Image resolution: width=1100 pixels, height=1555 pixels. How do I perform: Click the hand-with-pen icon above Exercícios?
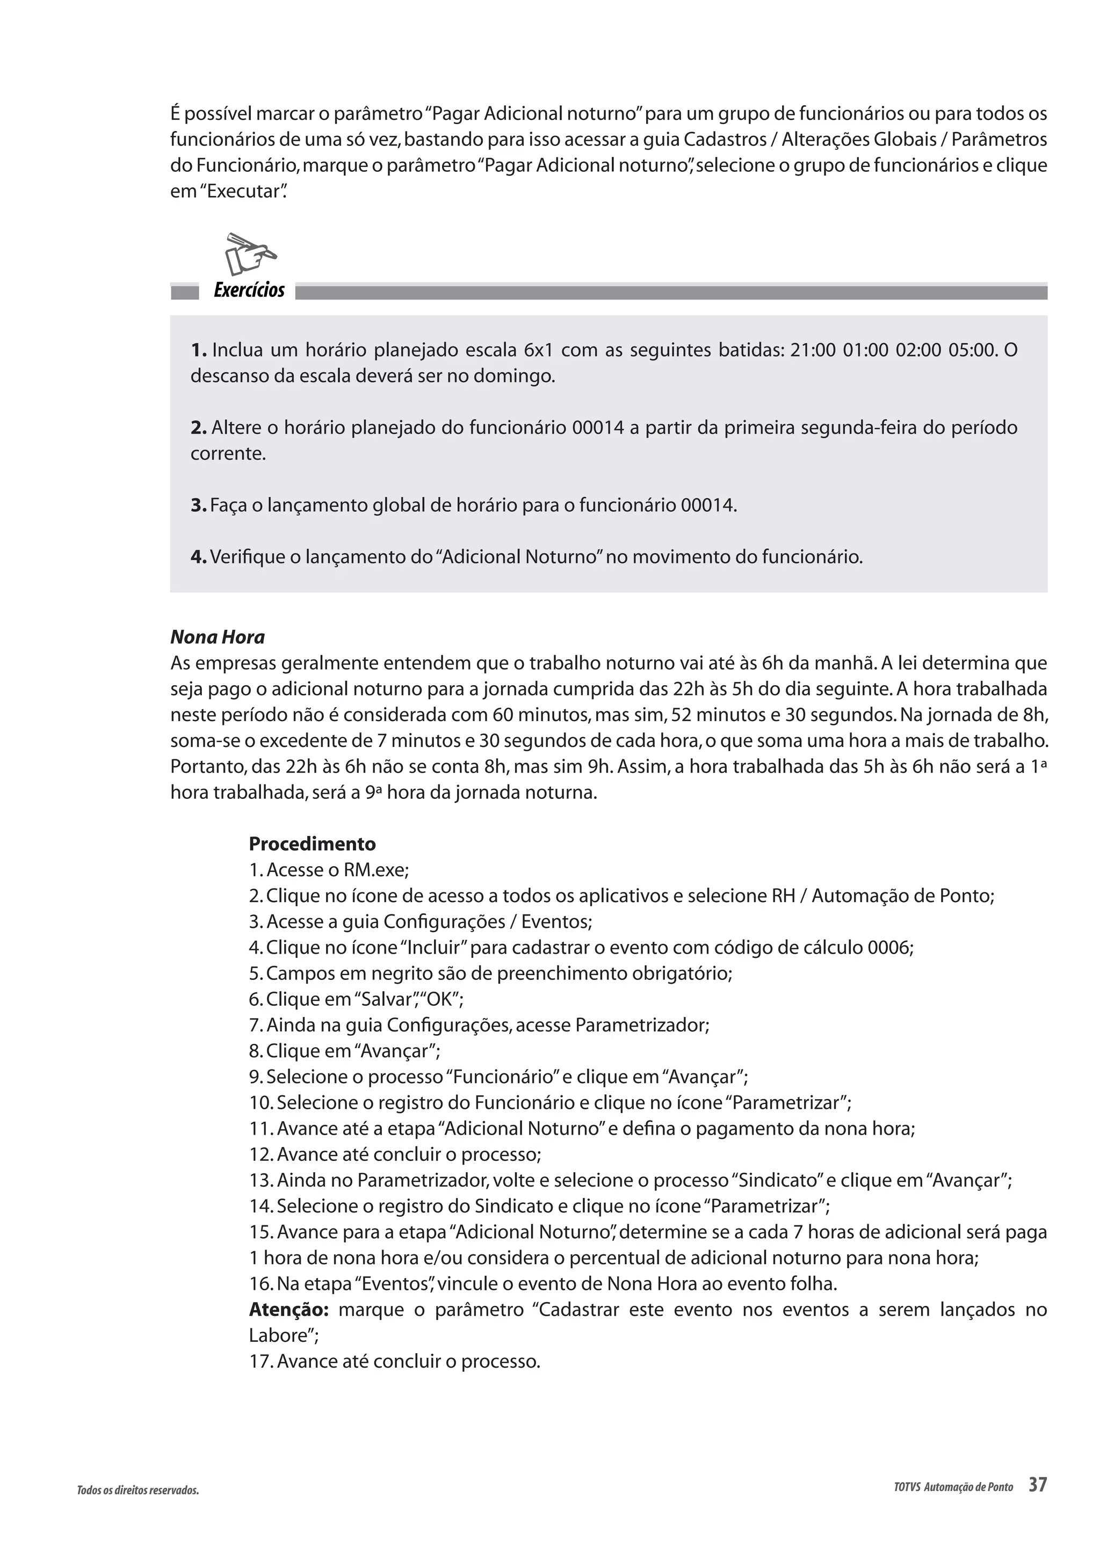250,254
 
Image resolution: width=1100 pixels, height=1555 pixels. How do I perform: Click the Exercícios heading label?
249,290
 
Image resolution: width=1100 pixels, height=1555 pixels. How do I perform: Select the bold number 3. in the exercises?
198,505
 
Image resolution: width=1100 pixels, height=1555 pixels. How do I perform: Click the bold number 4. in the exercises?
198,557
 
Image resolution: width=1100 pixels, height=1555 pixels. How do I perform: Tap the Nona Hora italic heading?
218,637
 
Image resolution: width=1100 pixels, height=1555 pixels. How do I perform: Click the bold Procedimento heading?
312,844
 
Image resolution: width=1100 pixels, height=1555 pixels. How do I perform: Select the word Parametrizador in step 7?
641,1024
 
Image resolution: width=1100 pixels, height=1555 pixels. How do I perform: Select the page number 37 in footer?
1037,1485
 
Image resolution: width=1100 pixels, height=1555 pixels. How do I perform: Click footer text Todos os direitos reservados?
137,1491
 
